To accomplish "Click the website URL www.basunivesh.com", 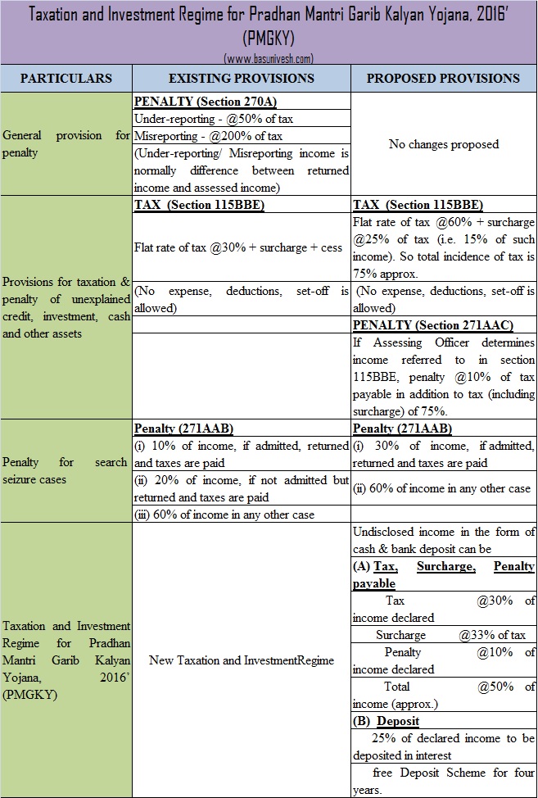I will [x=269, y=58].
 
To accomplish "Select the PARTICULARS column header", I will [x=66, y=79].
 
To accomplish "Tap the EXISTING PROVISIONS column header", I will [x=241, y=79].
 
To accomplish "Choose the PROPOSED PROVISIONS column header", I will [x=443, y=79].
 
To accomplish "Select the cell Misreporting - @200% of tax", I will [x=201, y=135].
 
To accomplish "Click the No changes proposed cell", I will [x=443, y=144].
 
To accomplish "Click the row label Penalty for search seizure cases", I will [x=66, y=470].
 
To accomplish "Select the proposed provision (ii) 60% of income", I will [x=442, y=488].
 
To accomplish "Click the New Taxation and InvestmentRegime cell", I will [x=242, y=660].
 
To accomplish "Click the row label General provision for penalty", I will [x=66, y=143].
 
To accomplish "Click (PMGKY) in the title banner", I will [x=269, y=39].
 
